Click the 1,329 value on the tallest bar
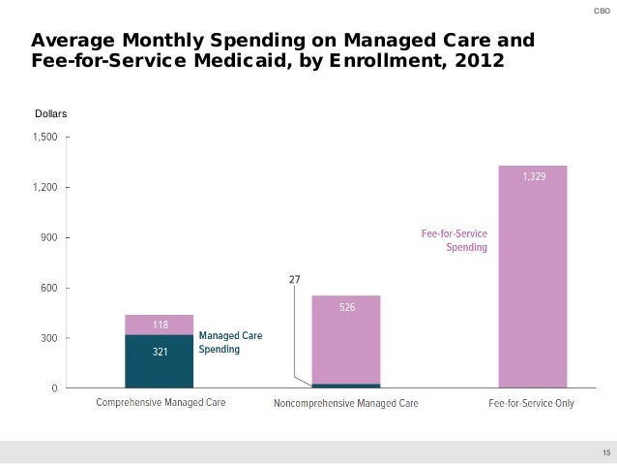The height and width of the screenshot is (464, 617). click(533, 177)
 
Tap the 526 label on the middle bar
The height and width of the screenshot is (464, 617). click(346, 307)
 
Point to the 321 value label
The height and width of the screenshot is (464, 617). click(160, 353)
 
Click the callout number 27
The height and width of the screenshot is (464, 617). click(294, 280)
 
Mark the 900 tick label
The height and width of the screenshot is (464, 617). click(45, 237)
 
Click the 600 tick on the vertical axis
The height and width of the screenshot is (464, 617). click(45, 288)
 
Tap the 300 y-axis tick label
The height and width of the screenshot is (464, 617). click(45, 338)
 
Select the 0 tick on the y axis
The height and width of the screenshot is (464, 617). click(51, 388)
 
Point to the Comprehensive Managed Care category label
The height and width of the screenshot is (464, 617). click(160, 403)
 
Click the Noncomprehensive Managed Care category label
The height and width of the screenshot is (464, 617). click(346, 403)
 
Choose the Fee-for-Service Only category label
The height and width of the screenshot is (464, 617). click(532, 403)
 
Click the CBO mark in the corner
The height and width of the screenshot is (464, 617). click(600, 11)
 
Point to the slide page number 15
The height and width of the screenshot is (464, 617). click(606, 452)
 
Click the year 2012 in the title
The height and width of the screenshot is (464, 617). click(480, 61)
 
